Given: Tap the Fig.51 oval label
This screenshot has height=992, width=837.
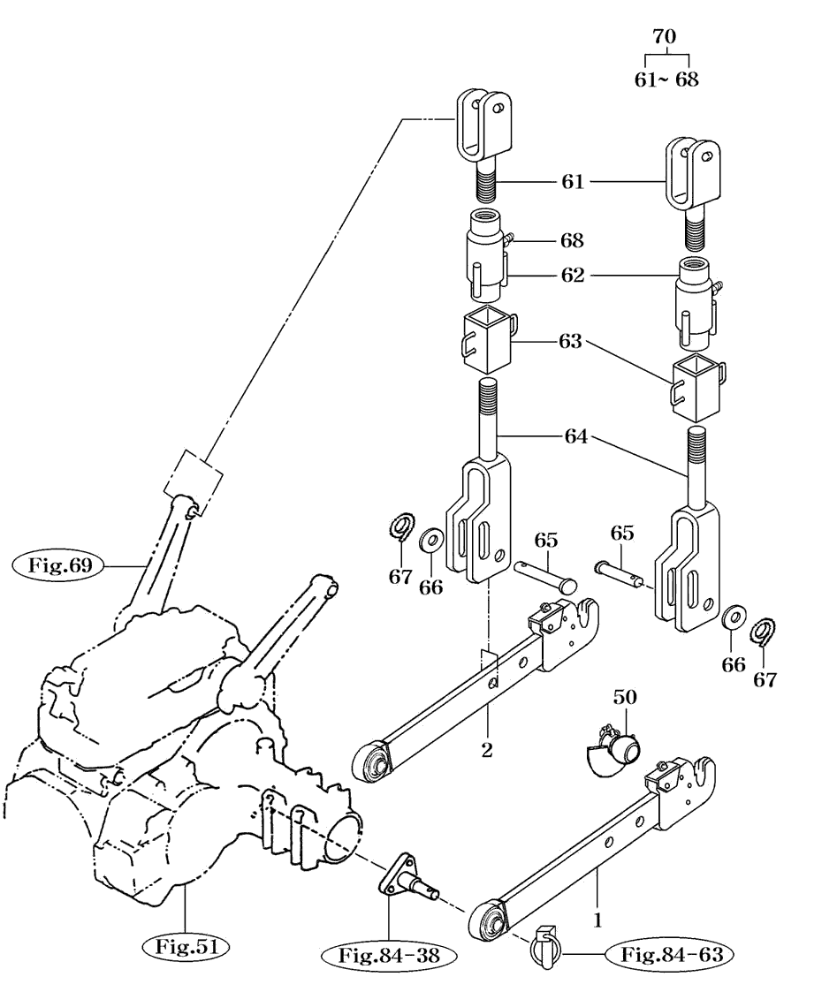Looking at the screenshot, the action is [186, 947].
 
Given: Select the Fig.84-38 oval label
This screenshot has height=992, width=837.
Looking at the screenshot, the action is [388, 955].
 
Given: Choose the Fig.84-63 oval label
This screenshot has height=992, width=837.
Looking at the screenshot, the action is [672, 955].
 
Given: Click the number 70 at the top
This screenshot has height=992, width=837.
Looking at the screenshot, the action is [664, 37].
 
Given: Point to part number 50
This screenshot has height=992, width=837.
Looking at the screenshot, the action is [624, 697].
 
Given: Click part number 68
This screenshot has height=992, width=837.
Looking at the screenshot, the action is [572, 240].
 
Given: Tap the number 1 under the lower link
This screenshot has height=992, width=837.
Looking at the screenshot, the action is [597, 920].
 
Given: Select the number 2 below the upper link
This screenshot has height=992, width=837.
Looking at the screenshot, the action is [486, 750].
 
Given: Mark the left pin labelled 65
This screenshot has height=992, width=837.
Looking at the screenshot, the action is [545, 576].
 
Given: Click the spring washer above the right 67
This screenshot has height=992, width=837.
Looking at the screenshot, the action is [764, 632].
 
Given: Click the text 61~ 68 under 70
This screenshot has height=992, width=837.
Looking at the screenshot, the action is [666, 80].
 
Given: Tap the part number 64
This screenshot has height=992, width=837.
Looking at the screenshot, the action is [576, 436].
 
